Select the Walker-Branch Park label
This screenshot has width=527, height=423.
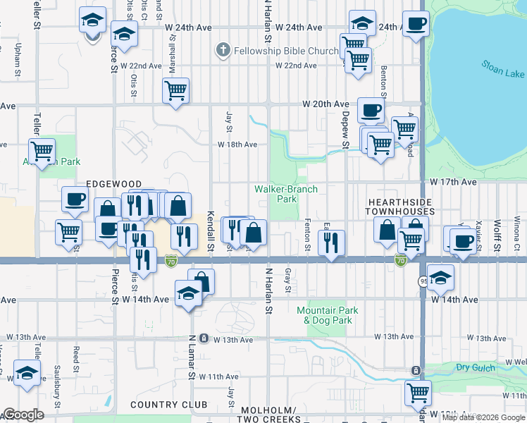[x=286, y=194]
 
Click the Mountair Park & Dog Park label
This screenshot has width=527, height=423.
[x=328, y=315]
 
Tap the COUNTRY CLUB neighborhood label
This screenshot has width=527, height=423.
[x=169, y=405]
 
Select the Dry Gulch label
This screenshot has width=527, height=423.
[x=472, y=367]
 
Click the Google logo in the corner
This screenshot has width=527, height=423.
[x=23, y=415]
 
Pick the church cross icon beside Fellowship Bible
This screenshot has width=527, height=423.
[x=223, y=50]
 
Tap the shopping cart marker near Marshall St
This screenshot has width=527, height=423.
[x=175, y=90]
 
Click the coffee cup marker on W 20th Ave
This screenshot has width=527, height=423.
[x=371, y=110]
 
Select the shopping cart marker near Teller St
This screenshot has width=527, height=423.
[x=42, y=150]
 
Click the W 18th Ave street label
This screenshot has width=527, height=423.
[x=237, y=145]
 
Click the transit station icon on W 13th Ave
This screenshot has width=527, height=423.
[x=204, y=338]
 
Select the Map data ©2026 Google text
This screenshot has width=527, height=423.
[x=483, y=417]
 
